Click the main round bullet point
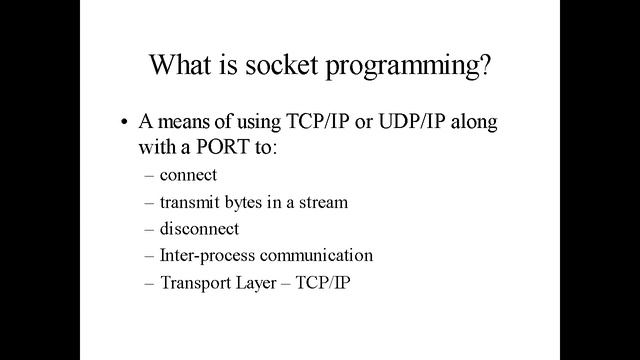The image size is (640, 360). [125, 125]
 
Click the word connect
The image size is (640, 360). [188, 176]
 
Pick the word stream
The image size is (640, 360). [324, 202]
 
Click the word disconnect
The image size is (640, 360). [199, 229]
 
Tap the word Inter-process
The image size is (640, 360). [201, 256]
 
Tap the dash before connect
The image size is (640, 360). [149, 176]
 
